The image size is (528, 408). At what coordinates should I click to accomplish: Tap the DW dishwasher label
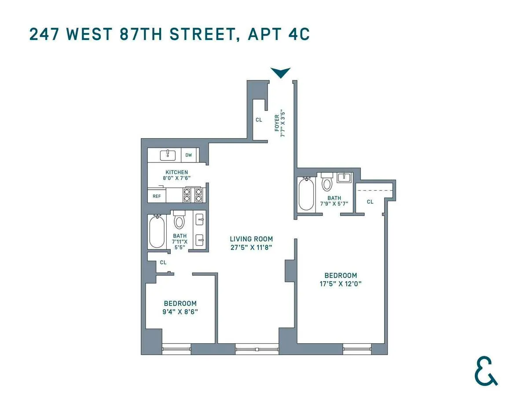(188, 155)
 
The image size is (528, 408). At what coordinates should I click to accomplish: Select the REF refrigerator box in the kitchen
(157, 196)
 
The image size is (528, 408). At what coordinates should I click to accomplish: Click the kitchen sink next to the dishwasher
(168, 155)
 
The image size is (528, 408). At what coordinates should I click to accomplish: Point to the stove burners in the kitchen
(192, 195)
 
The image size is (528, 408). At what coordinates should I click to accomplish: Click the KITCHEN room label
(177, 172)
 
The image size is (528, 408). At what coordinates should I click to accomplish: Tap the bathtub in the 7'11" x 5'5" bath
(157, 232)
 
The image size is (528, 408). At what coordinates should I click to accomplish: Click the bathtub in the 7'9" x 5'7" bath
(305, 194)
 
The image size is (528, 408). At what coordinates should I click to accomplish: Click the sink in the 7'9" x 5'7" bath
(344, 178)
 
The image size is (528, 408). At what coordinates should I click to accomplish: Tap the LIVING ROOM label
(251, 239)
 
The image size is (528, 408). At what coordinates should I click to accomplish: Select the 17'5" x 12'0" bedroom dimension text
(341, 284)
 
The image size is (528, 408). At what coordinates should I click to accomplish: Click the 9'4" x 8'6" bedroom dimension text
(180, 312)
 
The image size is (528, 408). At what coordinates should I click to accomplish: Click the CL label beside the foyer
(259, 120)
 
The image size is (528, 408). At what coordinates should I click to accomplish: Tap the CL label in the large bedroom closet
(370, 202)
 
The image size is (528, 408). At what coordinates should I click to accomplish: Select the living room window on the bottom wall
(257, 349)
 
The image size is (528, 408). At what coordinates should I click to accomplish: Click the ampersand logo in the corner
(486, 372)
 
